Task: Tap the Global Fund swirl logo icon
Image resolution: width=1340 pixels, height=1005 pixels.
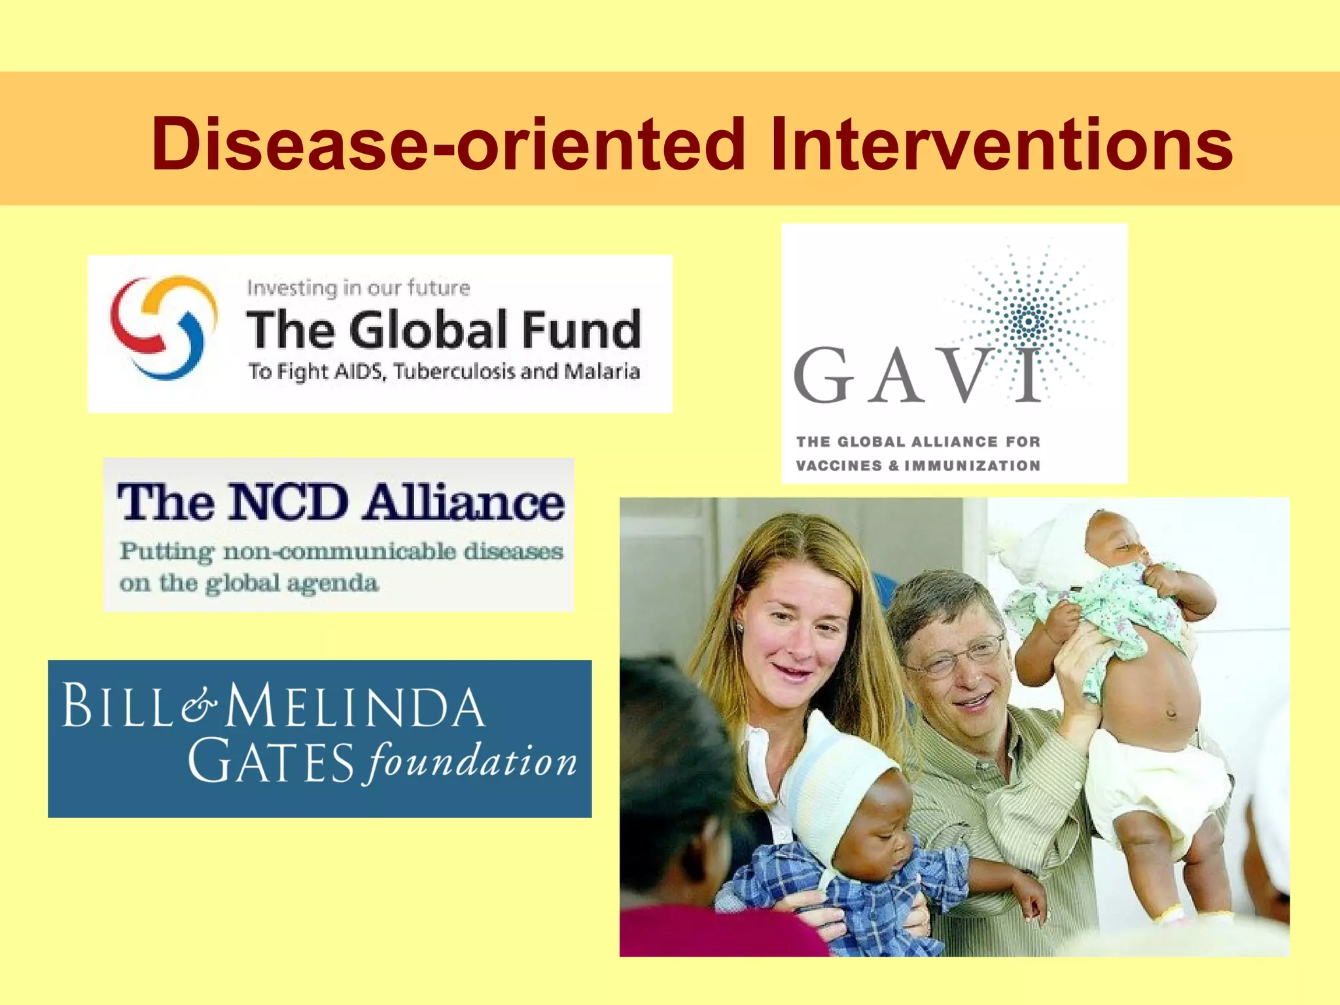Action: click(164, 327)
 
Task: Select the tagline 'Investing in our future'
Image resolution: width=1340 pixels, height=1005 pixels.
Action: click(359, 288)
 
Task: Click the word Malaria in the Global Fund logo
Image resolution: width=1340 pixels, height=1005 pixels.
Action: click(601, 372)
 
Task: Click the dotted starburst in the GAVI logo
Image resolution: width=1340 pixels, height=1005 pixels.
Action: click(1029, 321)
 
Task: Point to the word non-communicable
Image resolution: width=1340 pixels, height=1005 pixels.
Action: click(340, 552)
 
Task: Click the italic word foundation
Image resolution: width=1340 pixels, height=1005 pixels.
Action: click(471, 762)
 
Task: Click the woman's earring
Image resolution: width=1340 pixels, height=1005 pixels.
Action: click(739, 627)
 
